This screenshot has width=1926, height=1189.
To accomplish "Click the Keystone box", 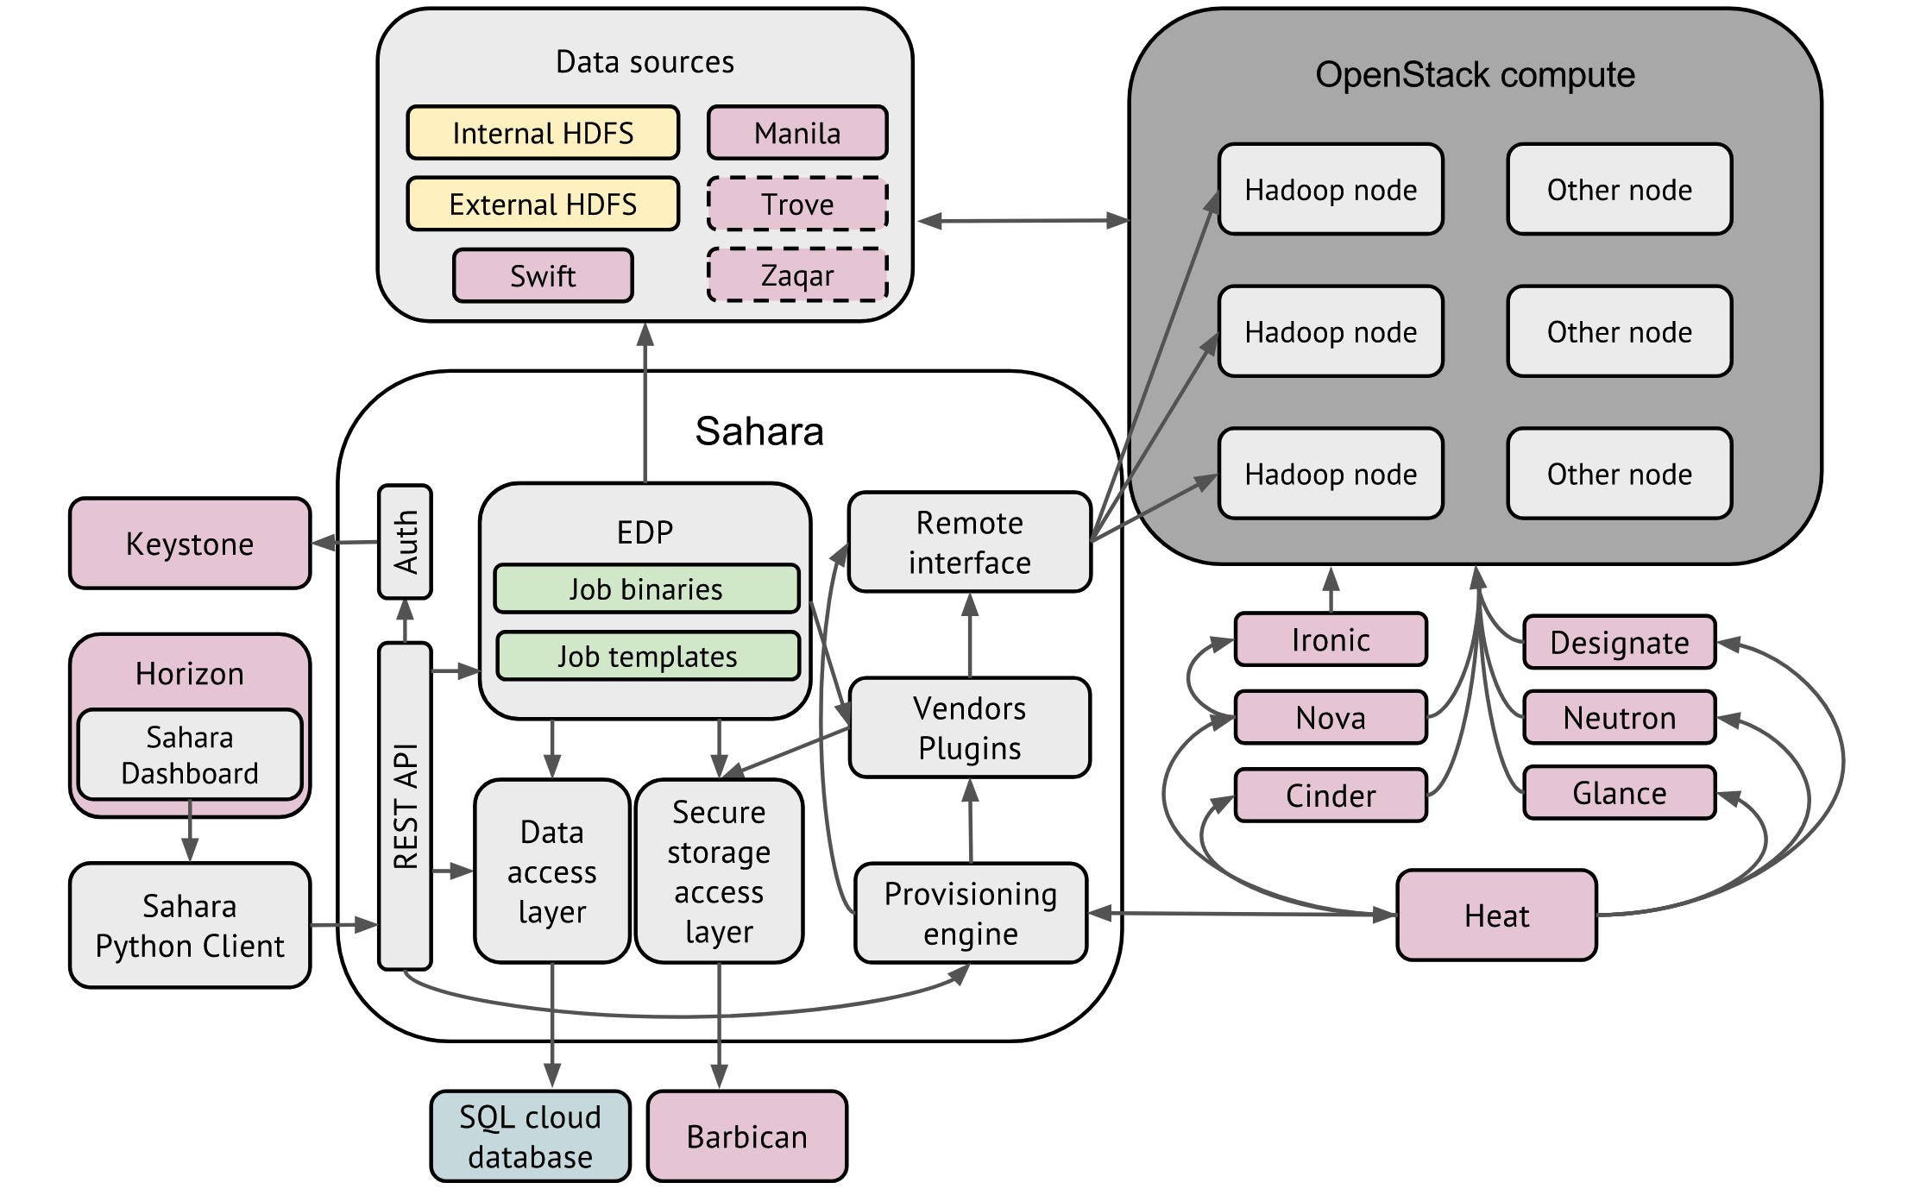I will pos(190,544).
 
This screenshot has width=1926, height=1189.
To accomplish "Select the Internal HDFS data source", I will pos(543,133).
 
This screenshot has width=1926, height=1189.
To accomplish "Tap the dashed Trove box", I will pos(797,204).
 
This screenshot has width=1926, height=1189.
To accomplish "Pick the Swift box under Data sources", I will pos(543,276).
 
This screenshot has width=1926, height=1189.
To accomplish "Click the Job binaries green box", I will pos(646,589).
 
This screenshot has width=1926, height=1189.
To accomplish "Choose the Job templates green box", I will pos(648,657).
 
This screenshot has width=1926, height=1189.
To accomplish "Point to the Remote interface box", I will pos(970,543).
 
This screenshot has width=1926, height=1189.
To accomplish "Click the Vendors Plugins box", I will pos(970,728).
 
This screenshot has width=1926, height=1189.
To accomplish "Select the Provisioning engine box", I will pos(971,914).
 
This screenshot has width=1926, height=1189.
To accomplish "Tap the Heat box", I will pos(1496,915).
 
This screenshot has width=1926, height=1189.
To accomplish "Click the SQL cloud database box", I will pos(531,1136).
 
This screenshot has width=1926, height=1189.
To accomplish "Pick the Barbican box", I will pos(747,1136).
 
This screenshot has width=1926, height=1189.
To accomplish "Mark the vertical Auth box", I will pos(405,542).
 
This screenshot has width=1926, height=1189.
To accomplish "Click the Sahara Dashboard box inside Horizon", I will pos(190,755).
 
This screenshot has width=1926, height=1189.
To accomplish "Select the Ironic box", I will pos(1331,640).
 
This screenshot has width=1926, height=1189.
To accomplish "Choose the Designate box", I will pos(1620,643).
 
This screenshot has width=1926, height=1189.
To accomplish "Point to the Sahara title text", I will pos(759,431).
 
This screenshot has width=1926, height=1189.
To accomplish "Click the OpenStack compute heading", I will pos(1475,75).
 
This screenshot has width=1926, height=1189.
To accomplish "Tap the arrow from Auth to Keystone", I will pos(345,543).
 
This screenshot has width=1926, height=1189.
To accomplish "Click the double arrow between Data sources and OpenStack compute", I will pos(1023,221).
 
